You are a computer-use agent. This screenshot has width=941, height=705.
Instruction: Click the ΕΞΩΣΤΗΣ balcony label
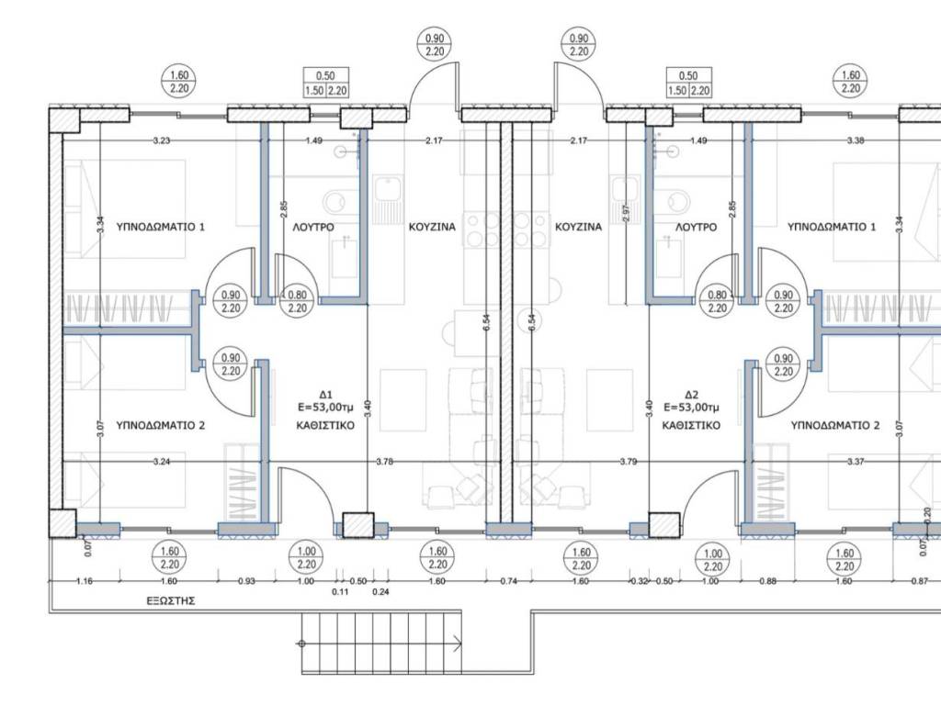pyautogui.click(x=171, y=600)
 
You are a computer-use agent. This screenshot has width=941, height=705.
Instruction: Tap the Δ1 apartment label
pyautogui.click(x=326, y=395)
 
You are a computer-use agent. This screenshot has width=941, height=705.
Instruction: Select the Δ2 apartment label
pyautogui.click(x=691, y=395)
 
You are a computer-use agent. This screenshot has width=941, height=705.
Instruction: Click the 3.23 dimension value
pyautogui.click(x=162, y=140)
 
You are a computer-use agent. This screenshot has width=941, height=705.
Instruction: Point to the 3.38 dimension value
pyautogui.click(x=856, y=140)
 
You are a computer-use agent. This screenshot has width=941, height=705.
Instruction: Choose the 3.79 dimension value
pyautogui.click(x=629, y=462)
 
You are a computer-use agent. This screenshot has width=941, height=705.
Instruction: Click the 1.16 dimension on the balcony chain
pyautogui.click(x=85, y=581)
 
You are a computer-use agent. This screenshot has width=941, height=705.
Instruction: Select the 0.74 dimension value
pyautogui.click(x=508, y=581)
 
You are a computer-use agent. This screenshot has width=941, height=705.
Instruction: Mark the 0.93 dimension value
pyautogui.click(x=246, y=581)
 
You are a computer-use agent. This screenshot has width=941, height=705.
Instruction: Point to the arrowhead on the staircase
pyautogui.click(x=458, y=643)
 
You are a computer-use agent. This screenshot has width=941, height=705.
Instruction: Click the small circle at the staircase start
pyautogui.click(x=301, y=643)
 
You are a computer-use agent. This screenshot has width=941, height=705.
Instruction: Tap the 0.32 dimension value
pyautogui.click(x=641, y=581)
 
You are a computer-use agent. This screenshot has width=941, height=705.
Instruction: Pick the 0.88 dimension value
pyautogui.click(x=767, y=581)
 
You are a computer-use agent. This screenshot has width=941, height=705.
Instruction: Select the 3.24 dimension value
pyautogui.click(x=162, y=462)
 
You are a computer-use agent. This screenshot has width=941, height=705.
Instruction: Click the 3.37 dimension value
pyautogui.click(x=856, y=462)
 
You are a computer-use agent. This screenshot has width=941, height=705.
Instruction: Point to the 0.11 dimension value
pyautogui.click(x=340, y=592)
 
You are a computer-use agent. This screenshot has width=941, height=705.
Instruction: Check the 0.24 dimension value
pyautogui.click(x=380, y=592)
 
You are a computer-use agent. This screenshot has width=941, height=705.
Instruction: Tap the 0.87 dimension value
pyautogui.click(x=919, y=581)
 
